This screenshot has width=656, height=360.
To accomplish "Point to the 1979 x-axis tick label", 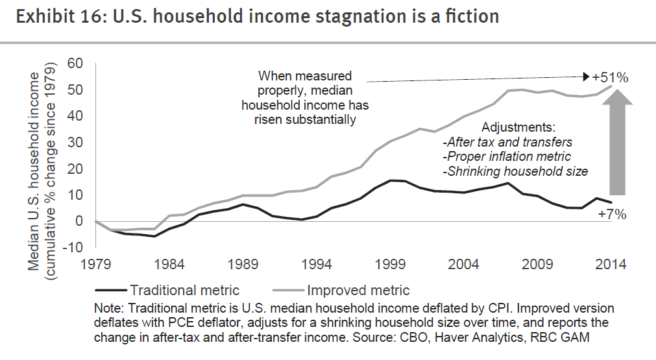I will point(95,265).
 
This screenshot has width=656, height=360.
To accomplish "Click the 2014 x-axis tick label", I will point(611,265).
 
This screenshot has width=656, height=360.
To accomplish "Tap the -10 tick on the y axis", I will point(73,248).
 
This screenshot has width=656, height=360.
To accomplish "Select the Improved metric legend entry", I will point(357,290).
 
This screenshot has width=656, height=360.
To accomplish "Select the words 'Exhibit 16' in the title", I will point(54,16).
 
